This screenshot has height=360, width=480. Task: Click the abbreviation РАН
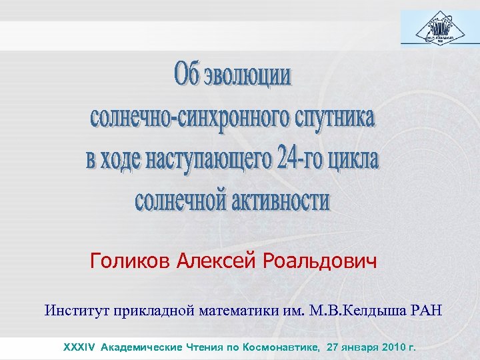[x=423, y=310]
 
